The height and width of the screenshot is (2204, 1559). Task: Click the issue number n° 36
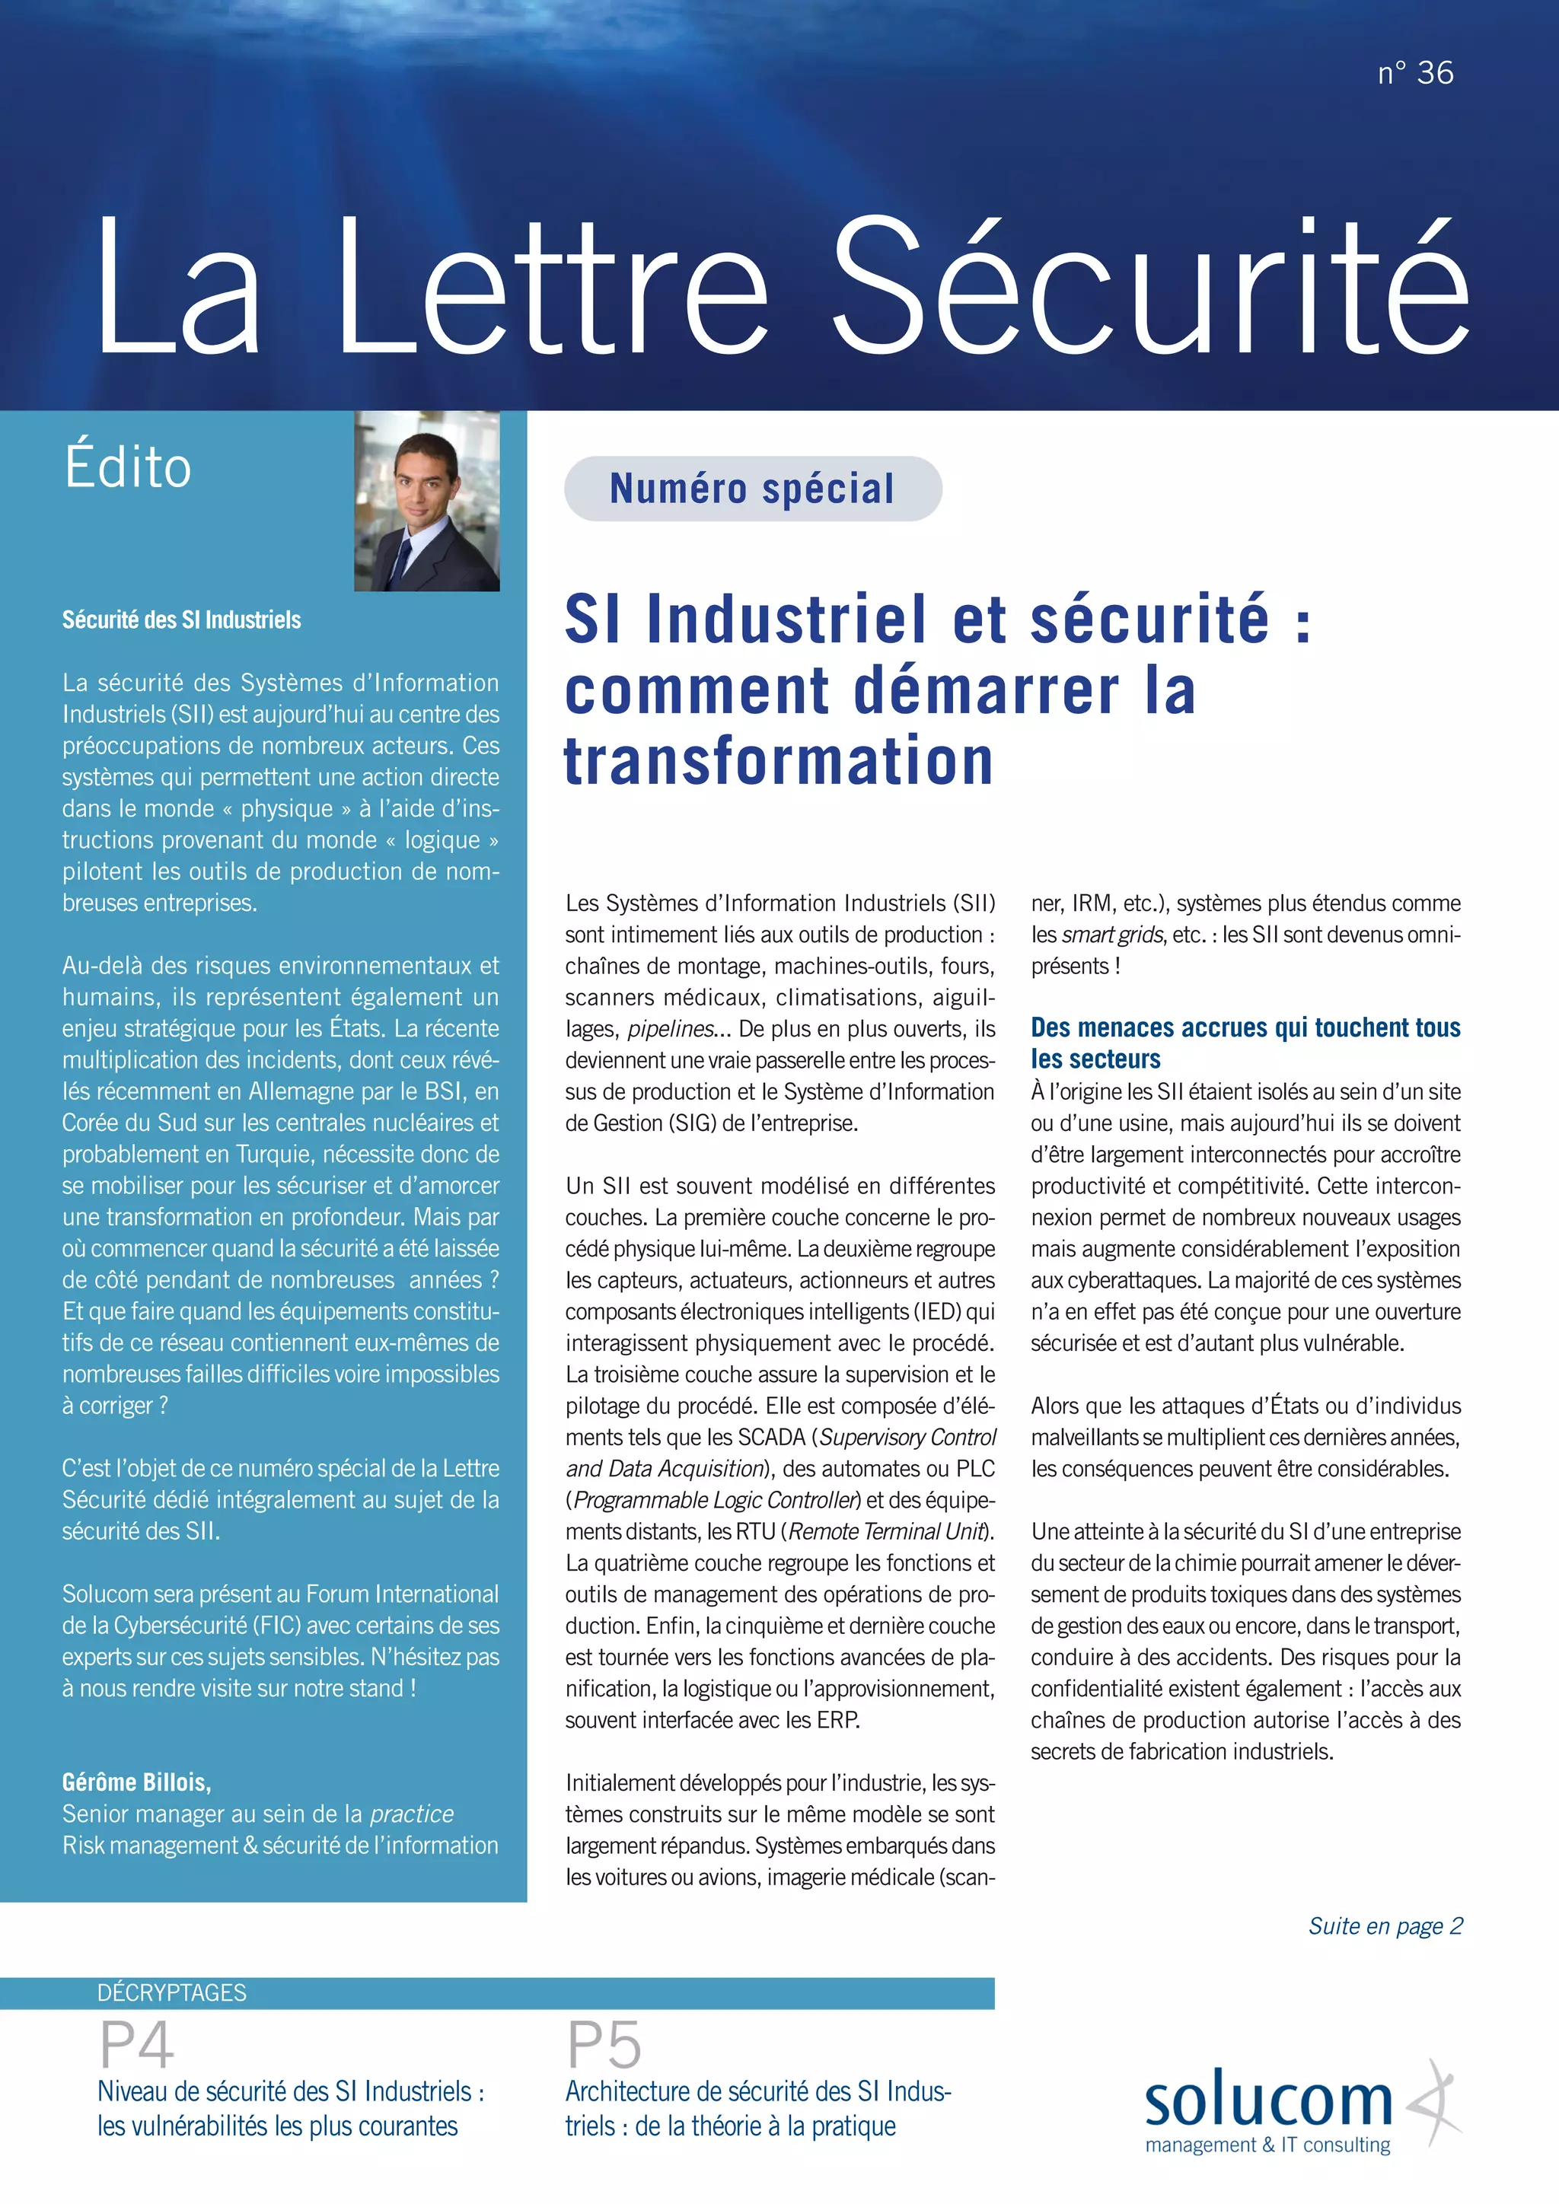pos(1415,73)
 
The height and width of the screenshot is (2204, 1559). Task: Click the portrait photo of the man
pos(426,500)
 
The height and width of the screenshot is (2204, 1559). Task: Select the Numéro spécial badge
pos(753,489)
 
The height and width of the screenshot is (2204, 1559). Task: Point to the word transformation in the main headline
pos(777,761)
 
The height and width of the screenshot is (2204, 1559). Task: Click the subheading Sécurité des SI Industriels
pos(181,620)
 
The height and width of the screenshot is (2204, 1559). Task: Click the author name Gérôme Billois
pos(136,1782)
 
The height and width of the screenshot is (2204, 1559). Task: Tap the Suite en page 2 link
pos(1384,1925)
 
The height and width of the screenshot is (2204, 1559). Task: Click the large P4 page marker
pos(137,2046)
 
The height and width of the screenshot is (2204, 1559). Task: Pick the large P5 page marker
pos(604,2046)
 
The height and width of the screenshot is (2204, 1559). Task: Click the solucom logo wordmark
pos(1267,2101)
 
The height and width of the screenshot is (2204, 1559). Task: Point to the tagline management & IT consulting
pos(1267,2145)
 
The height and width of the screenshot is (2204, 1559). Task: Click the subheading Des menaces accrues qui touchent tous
pos(1245,1027)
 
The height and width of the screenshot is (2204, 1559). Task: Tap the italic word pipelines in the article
pos(671,1029)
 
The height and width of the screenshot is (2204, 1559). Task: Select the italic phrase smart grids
pos(1114,935)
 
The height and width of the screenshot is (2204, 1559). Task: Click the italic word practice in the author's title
pos(412,1814)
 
